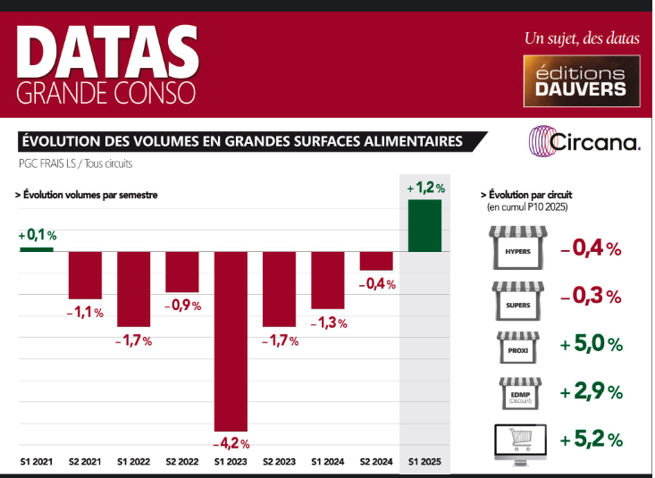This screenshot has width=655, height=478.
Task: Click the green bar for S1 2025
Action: tap(424, 225)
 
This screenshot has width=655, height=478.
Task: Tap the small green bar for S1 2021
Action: tap(38, 248)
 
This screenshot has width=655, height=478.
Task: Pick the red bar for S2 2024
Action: tap(376, 261)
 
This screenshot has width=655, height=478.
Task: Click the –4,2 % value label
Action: tap(231, 442)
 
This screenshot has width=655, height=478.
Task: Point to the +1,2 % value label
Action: tap(425, 188)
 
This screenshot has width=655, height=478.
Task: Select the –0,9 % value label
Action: tap(182, 306)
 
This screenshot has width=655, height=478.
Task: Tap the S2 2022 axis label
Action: tap(182, 463)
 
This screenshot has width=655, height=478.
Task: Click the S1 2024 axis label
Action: tap(328, 463)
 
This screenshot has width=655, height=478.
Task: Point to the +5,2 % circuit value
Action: tap(591, 440)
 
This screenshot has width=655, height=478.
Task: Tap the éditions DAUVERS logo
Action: tap(581, 80)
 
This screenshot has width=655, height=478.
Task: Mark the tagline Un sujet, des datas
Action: tap(581, 38)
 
